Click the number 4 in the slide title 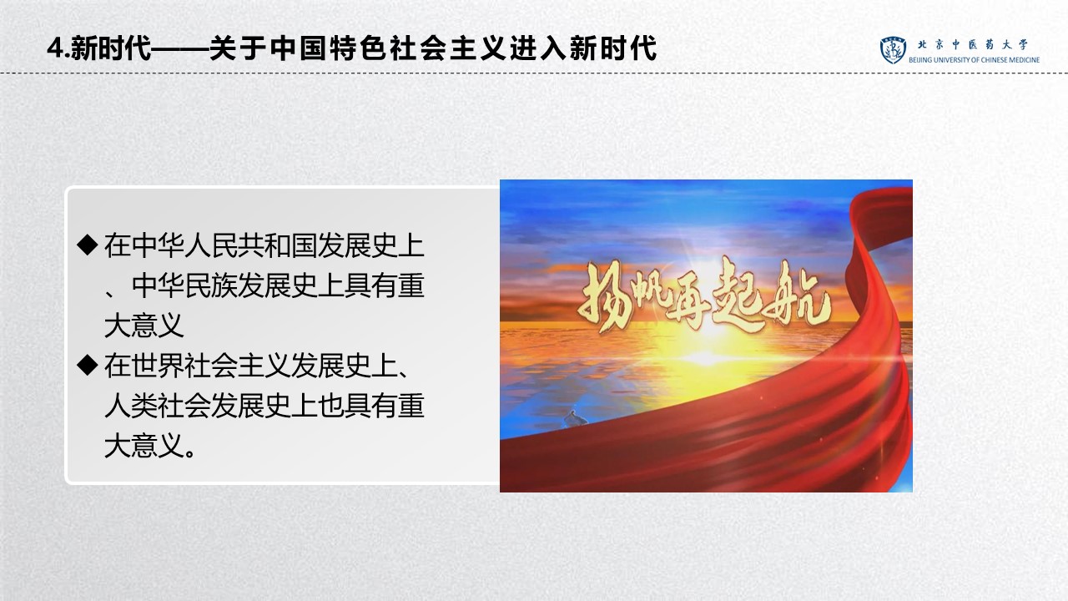coord(56,48)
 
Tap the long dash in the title coord(179,48)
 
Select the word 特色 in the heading coord(359,48)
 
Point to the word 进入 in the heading coord(539,48)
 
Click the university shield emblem coord(893,49)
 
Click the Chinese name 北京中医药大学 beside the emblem coord(973,44)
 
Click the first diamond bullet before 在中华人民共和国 coord(88,245)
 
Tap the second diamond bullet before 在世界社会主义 coord(88,365)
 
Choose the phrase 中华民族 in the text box coord(184,285)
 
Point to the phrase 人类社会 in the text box coord(158,406)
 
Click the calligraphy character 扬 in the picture coord(602,295)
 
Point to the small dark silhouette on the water coord(576,419)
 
